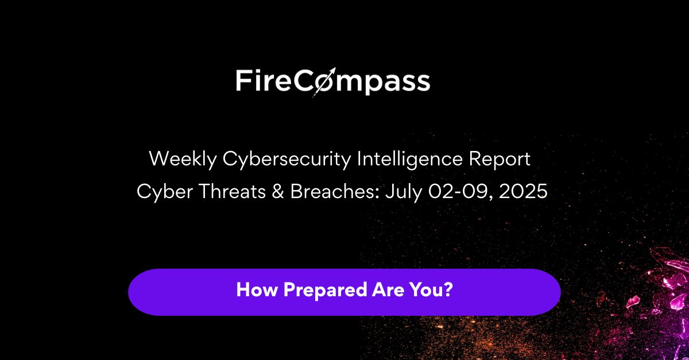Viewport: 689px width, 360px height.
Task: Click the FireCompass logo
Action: click(x=333, y=82)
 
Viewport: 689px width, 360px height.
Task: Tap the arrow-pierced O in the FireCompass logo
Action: click(x=324, y=82)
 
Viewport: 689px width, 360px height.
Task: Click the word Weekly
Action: click(x=183, y=160)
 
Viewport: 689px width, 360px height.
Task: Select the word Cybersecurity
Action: click(x=287, y=160)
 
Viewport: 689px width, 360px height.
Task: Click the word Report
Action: click(x=500, y=160)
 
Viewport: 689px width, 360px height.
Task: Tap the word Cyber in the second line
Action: click(x=165, y=191)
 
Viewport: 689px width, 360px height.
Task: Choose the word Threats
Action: click(x=233, y=191)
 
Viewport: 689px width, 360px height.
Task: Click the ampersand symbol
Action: click(x=278, y=191)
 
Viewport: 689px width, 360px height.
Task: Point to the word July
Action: click(x=404, y=192)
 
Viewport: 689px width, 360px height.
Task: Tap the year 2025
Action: click(x=523, y=191)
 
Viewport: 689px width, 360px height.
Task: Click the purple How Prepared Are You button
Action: click(x=344, y=292)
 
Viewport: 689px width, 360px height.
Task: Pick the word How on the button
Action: click(x=257, y=290)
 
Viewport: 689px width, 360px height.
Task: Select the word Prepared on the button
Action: click(x=325, y=291)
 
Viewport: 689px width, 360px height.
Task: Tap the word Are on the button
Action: click(x=388, y=290)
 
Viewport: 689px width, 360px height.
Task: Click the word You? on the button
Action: click(x=431, y=290)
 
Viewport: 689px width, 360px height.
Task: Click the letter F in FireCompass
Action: click(x=242, y=80)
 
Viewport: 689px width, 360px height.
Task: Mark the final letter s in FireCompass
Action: click(x=423, y=83)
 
